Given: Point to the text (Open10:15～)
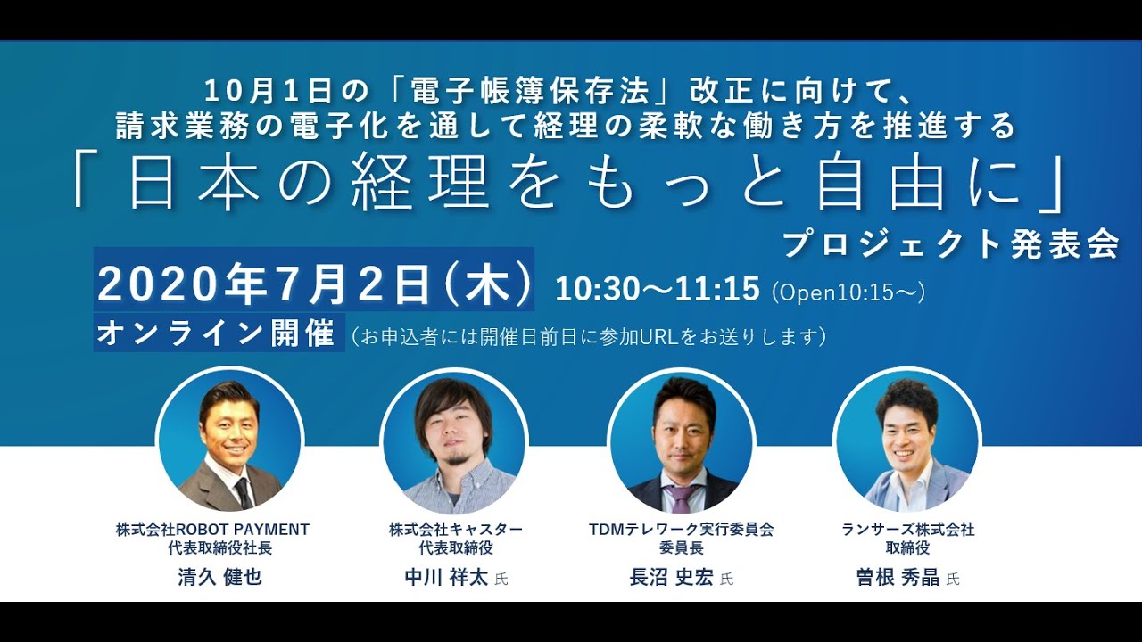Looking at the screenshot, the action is (848, 292).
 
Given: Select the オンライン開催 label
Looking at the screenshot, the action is (215, 333).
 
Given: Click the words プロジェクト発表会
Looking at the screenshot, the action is (950, 245).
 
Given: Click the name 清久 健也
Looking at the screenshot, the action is (219, 577).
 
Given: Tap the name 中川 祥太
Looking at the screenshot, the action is (446, 577).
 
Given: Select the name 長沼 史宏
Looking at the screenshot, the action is (671, 577).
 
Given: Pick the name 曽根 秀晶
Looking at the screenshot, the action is (898, 577).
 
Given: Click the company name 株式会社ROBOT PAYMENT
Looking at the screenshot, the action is (212, 530).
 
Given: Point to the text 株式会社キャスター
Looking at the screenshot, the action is (456, 530).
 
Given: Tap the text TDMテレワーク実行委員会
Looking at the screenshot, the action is (681, 530).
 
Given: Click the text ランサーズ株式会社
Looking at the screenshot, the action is (907, 530).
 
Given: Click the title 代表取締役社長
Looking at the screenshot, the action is (219, 548).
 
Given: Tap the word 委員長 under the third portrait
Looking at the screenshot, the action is (681, 548).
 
